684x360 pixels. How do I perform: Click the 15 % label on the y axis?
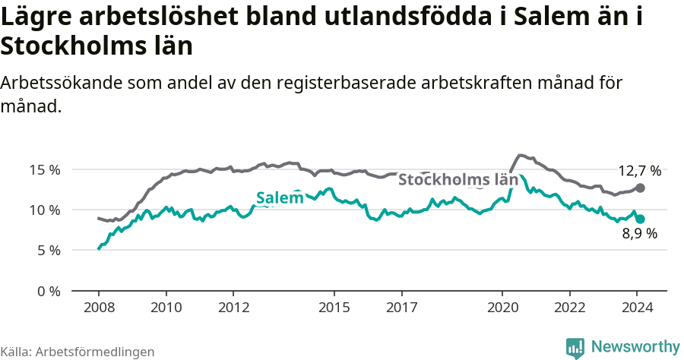click(45, 169)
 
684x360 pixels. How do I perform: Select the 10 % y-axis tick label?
click(45, 210)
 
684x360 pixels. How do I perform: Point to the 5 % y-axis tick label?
click(49, 250)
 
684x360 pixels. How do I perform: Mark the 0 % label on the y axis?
click(49, 291)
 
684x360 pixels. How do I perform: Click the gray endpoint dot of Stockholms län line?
click(641, 188)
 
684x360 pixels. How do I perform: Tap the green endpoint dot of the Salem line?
click(641, 219)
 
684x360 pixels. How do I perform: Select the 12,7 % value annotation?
click(639, 171)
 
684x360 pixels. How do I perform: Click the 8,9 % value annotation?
click(639, 234)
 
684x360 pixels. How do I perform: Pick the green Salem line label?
click(280, 198)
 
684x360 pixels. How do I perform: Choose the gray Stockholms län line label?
click(458, 180)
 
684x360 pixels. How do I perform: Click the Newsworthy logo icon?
click(575, 347)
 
